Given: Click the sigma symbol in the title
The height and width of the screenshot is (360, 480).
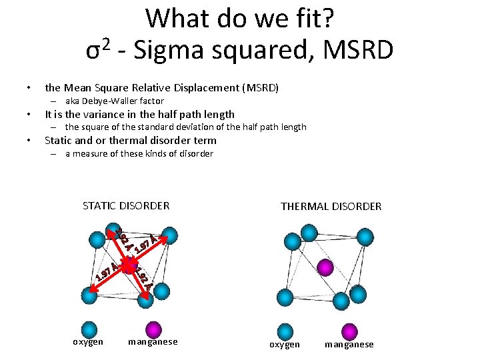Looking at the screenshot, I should [95, 51].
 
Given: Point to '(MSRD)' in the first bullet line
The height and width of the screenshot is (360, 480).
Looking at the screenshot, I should [261, 88].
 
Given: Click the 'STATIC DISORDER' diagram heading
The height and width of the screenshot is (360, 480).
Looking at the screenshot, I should [126, 205].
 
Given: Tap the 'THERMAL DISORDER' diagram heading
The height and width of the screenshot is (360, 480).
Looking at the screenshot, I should [331, 206].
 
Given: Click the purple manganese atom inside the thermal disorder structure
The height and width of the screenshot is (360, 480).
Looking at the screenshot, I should [325, 267].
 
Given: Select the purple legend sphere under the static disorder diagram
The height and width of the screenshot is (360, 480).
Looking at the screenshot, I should [153, 330].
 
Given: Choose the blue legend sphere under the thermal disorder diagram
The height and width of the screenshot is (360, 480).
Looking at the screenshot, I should [285, 331].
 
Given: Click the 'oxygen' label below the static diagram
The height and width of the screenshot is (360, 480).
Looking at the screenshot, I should [88, 342].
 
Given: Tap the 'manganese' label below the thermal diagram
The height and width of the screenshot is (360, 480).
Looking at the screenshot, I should [349, 344].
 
